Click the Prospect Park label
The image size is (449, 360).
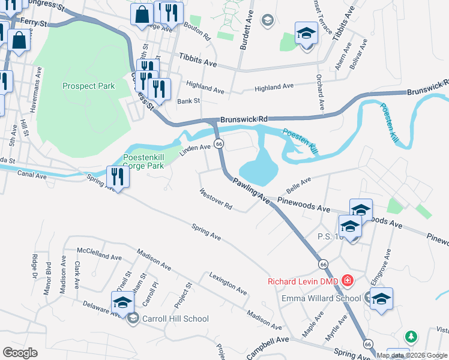point(88,86)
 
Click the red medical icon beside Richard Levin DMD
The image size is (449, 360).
point(346,280)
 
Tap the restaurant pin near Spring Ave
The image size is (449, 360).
point(117,177)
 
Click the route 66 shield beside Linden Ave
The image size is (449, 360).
point(219,144)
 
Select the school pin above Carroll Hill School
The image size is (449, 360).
point(122,302)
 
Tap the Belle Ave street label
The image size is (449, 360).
point(298,185)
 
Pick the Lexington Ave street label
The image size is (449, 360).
point(228,283)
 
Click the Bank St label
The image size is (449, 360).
point(188,101)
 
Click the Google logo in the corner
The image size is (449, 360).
point(20,353)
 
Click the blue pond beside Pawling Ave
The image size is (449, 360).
point(258,165)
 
